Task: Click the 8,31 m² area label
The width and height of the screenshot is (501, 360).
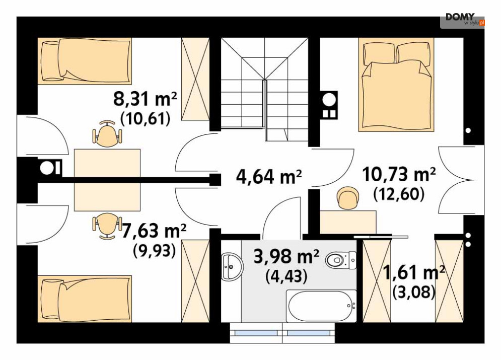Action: pyautogui.click(x=145, y=99)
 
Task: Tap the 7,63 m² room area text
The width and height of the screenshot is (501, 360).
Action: pyautogui.click(x=154, y=231)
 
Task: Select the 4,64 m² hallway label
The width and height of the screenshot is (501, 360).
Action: pyautogui.click(x=269, y=177)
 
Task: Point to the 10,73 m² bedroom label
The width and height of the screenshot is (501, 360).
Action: pyautogui.click(x=399, y=175)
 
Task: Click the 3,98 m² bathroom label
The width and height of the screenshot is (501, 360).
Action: pyautogui.click(x=286, y=256)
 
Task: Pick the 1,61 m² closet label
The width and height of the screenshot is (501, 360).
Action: pyautogui.click(x=414, y=272)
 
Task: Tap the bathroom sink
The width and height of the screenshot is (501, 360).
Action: pyautogui.click(x=232, y=266)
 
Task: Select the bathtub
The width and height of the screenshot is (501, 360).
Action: pyautogui.click(x=321, y=306)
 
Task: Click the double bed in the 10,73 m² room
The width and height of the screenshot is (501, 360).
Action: pyautogui.click(x=396, y=85)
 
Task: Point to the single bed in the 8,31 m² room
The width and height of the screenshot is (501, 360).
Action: pyautogui.click(x=85, y=61)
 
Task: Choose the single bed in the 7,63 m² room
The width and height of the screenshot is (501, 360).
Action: pyautogui.click(x=85, y=299)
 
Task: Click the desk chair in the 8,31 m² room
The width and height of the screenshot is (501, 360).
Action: pyautogui.click(x=107, y=134)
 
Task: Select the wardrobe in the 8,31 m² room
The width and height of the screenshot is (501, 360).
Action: pyautogui.click(x=195, y=79)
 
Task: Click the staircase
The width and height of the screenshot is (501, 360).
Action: pyautogui.click(x=264, y=90)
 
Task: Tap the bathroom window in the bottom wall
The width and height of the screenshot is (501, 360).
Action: pyautogui.click(x=282, y=333)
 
